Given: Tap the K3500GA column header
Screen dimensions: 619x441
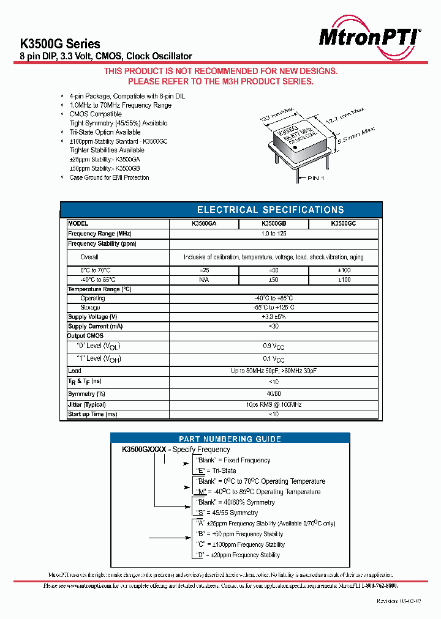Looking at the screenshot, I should pos(204,224).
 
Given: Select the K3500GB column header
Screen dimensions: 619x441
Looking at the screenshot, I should pos(274,224).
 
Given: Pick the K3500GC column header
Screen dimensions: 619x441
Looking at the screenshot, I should pos(343,224).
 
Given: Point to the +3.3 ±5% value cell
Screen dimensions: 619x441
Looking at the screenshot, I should pos(274,317).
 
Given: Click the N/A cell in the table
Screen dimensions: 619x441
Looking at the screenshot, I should pos(204,280).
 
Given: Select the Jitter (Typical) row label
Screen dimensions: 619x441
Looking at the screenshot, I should pos(87,404).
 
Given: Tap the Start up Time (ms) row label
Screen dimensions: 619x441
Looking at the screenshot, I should pos(92,414).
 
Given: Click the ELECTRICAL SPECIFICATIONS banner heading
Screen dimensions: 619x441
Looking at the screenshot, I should pos(270,210).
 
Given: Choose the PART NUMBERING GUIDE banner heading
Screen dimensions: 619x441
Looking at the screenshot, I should pos(230,439).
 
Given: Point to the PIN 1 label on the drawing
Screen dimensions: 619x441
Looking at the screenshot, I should pos(319,178).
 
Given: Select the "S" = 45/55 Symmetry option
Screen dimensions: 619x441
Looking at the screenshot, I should pos(226,513).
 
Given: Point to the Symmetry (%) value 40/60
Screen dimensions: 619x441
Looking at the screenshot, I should pos(274,394).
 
